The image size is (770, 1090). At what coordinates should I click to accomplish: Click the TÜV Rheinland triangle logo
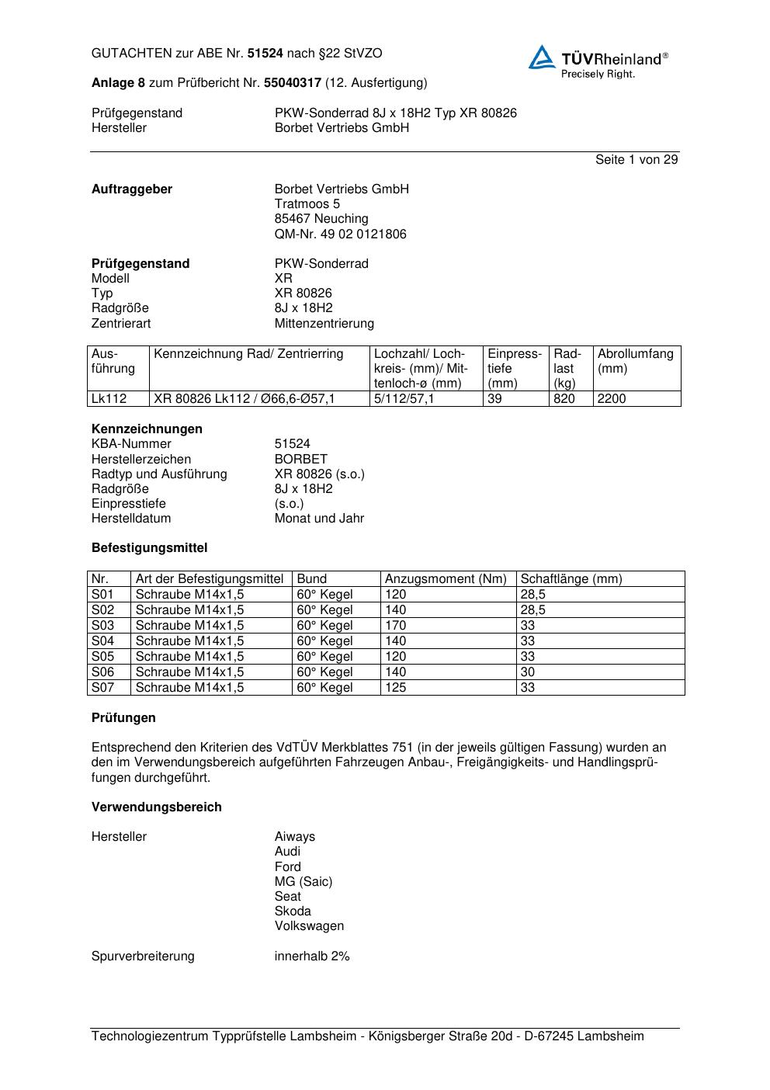(x=542, y=58)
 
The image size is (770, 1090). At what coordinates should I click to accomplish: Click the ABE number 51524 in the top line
(x=265, y=54)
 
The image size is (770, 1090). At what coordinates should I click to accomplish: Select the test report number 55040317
(x=293, y=82)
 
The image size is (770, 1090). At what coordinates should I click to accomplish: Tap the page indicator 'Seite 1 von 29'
(x=636, y=160)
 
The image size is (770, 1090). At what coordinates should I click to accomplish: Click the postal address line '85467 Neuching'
(x=321, y=219)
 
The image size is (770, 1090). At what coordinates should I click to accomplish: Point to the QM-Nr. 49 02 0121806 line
(x=340, y=234)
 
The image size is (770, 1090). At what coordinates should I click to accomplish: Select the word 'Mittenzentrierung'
(x=324, y=324)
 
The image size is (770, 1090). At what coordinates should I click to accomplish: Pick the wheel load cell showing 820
(x=564, y=399)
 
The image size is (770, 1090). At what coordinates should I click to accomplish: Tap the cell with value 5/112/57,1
(x=404, y=399)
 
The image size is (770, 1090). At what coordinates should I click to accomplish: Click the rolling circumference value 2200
(x=612, y=399)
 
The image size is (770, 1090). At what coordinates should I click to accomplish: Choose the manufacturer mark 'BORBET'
(x=300, y=460)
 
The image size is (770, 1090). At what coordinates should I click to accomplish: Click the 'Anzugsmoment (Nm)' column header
(x=446, y=579)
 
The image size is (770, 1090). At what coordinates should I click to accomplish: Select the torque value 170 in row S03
(x=395, y=626)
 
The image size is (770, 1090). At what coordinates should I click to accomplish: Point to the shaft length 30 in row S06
(x=528, y=672)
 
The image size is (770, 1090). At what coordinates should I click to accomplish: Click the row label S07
(x=102, y=688)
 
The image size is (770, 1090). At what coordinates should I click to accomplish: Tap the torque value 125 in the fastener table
(x=395, y=688)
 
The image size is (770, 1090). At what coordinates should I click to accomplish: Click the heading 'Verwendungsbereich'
(x=157, y=807)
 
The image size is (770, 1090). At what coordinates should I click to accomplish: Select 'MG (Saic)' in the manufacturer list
(x=303, y=882)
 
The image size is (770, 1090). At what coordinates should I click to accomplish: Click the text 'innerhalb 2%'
(x=312, y=956)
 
